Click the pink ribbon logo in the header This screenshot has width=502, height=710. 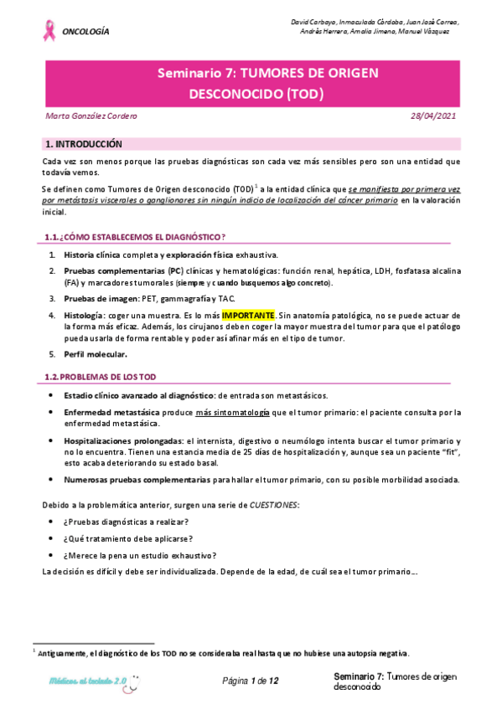49,30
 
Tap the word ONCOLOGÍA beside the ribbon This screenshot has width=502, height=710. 86,31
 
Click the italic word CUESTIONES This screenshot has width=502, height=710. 277,505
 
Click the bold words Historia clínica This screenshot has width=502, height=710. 92,255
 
